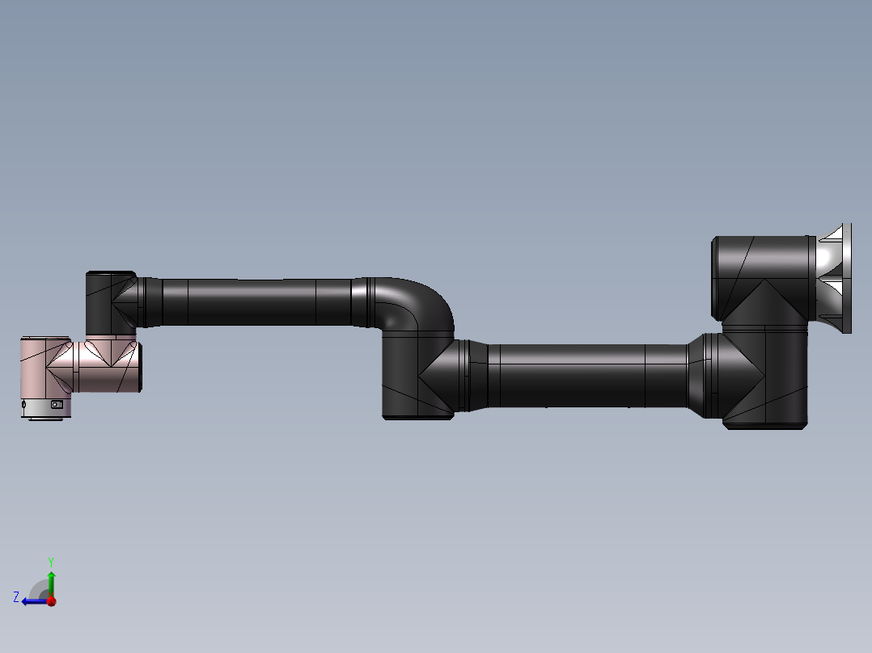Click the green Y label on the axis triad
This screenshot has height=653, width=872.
(50, 561)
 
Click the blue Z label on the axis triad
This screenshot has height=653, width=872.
(16, 597)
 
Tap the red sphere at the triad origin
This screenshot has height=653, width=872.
(51, 601)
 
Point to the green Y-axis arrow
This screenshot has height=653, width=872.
(51, 582)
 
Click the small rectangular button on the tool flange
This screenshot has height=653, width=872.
(57, 404)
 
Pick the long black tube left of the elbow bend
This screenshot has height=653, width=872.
(251, 302)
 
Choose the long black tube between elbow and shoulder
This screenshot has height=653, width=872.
(582, 375)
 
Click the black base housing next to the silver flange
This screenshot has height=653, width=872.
(760, 275)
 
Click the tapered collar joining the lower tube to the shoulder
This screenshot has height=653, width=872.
(696, 375)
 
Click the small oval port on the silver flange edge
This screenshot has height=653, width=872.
(24, 404)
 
